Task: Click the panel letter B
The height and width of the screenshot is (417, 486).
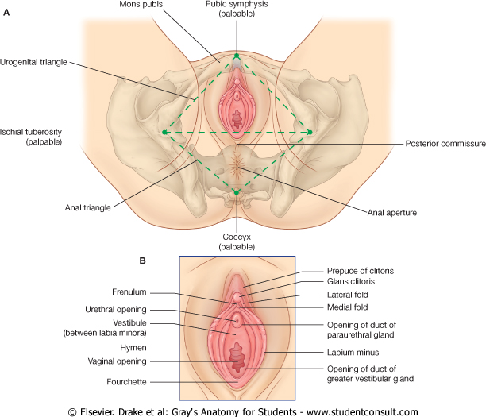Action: [x=142, y=259]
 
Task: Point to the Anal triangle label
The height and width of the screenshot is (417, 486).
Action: [x=87, y=208]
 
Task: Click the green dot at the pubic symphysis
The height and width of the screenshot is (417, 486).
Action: [x=237, y=56]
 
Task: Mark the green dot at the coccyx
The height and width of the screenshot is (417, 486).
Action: [x=237, y=191]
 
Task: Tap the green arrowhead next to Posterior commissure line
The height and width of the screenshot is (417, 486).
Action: [x=310, y=132]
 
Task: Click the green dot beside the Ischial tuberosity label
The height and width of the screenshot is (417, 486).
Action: [x=164, y=132]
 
